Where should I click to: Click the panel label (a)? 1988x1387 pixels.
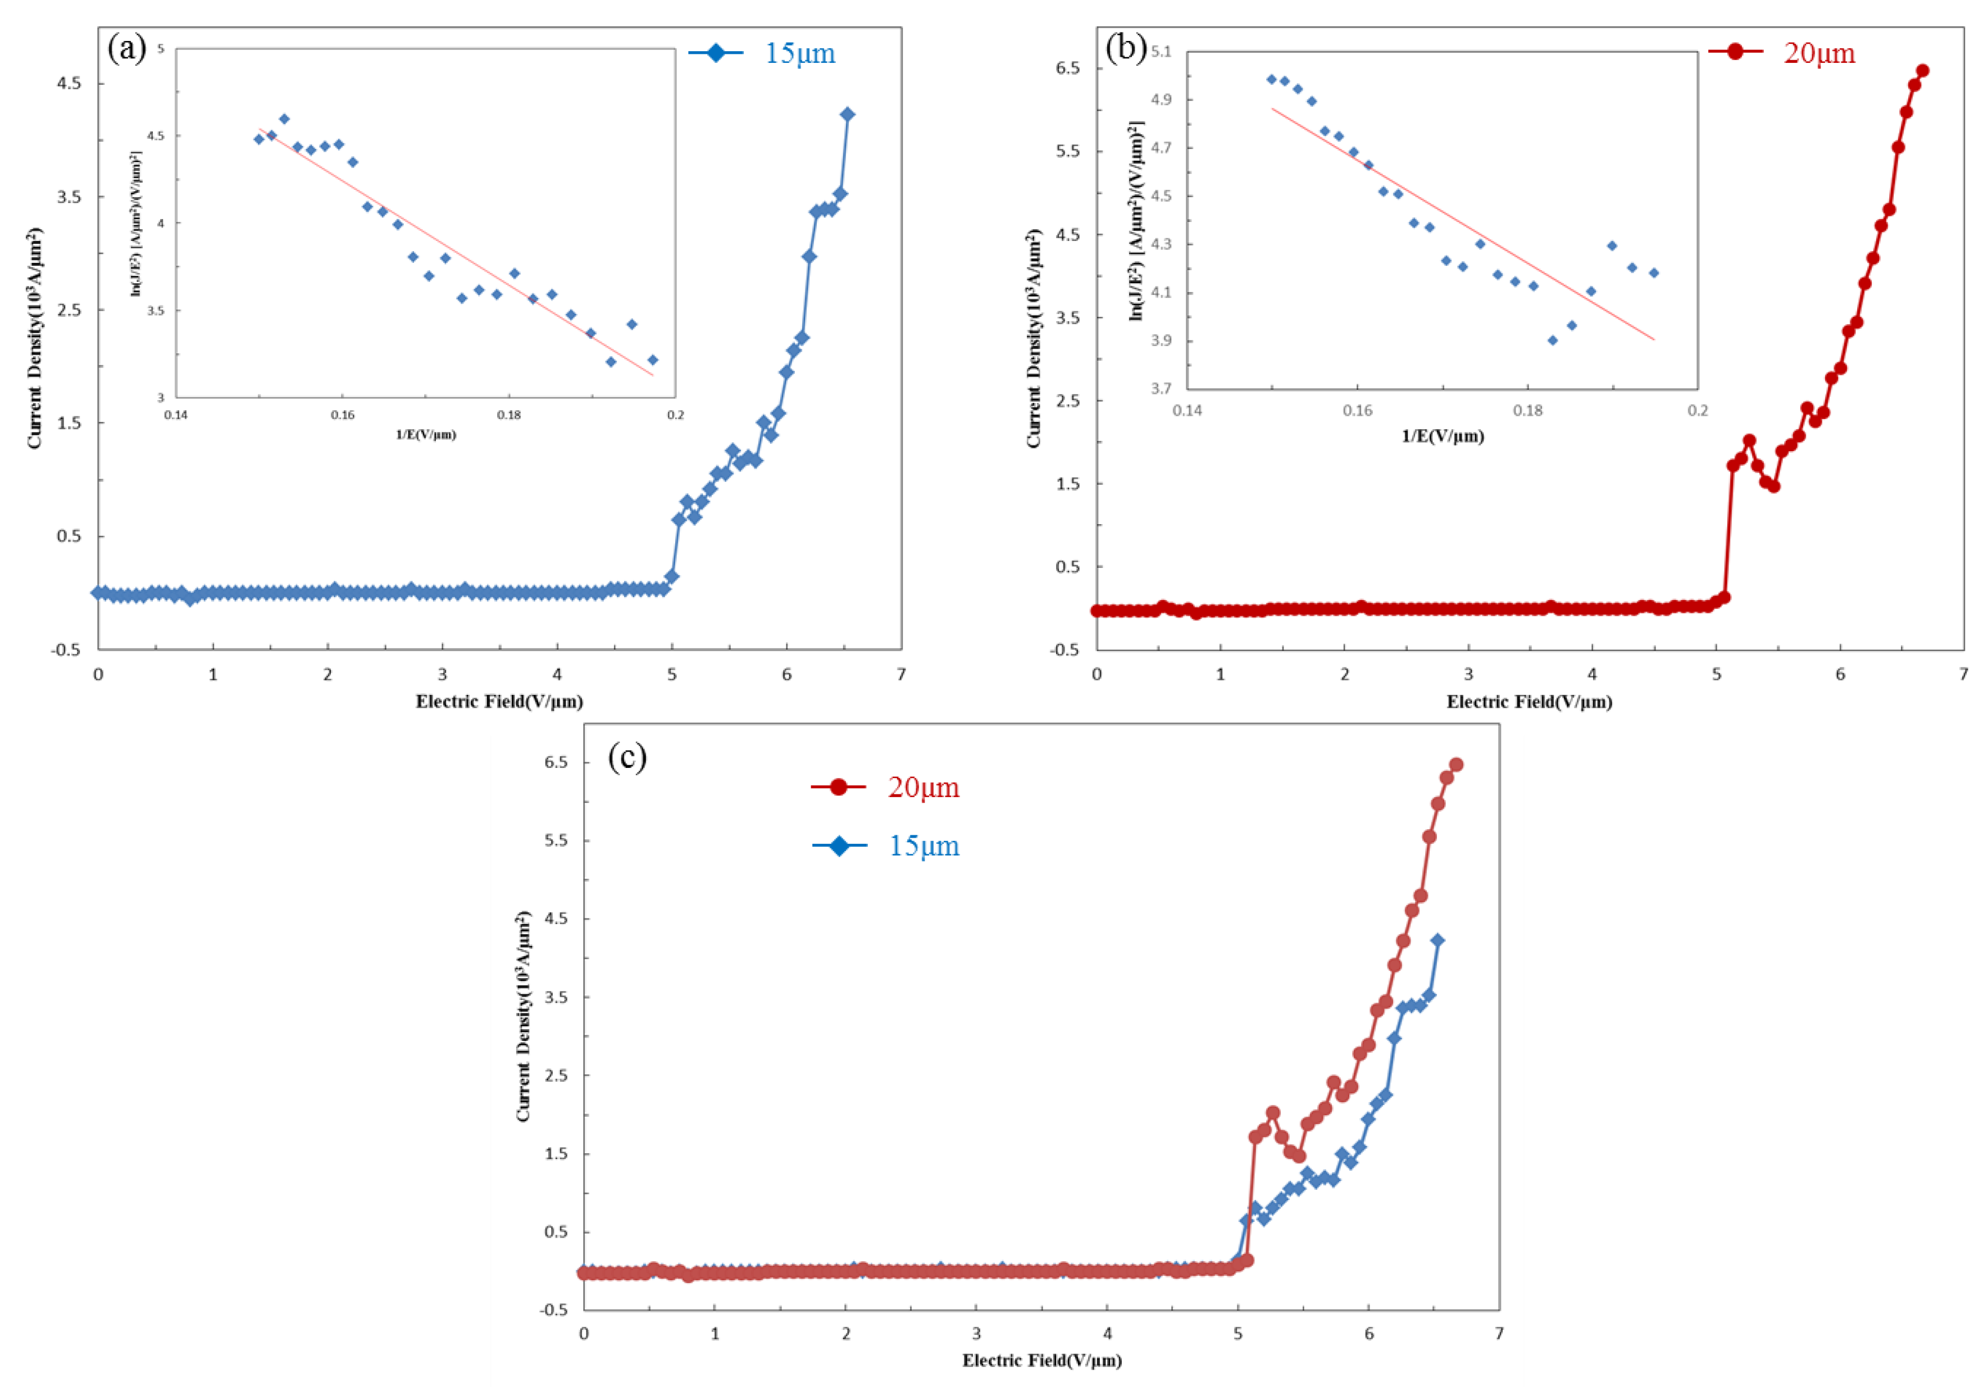pos(126,48)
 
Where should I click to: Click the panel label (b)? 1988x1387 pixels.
pos(1126,48)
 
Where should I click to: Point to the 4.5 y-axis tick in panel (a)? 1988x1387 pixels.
pos(69,84)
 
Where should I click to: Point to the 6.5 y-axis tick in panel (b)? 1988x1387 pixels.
pos(1068,69)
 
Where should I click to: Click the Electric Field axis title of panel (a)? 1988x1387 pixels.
pos(499,701)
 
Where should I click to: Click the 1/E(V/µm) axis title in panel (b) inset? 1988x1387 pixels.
pos(1443,436)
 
